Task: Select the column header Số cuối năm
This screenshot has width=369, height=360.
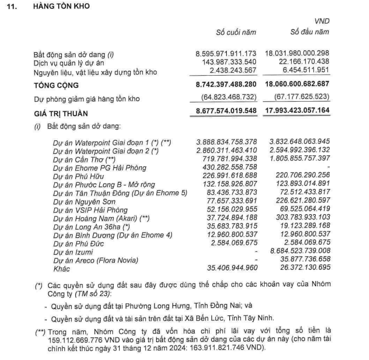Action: coord(236,32)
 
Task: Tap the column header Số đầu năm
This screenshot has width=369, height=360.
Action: coord(309,32)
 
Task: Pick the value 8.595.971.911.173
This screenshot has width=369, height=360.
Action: coord(226,53)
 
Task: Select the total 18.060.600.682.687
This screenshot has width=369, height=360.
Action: coord(296,85)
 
